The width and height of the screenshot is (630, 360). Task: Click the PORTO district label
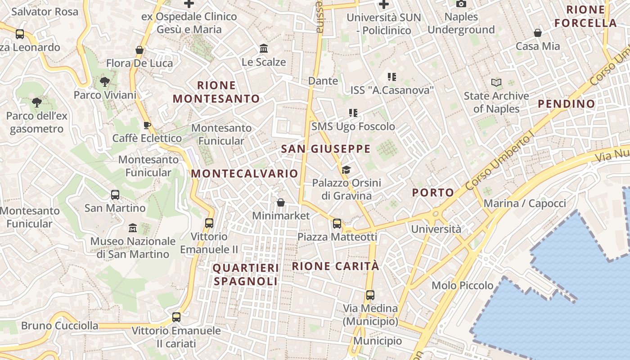(433, 193)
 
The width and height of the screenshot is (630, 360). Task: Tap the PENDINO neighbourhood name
(566, 104)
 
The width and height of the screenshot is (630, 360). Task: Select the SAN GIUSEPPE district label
(326, 149)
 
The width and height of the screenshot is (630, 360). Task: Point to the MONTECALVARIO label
(244, 174)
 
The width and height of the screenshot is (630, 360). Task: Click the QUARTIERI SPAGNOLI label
(246, 274)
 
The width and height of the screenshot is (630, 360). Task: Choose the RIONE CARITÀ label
(335, 266)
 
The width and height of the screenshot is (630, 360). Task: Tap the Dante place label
(323, 81)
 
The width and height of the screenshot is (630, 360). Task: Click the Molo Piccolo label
(462, 285)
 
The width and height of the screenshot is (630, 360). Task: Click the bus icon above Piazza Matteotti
(337, 223)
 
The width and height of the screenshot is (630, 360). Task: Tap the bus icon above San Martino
(115, 195)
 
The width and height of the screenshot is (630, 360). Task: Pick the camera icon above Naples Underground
(461, 4)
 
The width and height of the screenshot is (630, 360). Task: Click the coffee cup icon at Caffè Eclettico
(147, 125)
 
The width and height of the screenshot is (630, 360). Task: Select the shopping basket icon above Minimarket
(281, 202)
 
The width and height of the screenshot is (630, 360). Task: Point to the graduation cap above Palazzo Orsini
(346, 170)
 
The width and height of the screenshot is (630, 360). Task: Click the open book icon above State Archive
(496, 83)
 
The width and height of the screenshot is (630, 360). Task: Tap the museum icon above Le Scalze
(264, 48)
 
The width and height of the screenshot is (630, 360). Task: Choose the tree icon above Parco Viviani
(105, 82)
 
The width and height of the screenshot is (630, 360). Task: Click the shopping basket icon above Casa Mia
(537, 33)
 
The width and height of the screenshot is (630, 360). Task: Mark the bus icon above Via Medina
(370, 295)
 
